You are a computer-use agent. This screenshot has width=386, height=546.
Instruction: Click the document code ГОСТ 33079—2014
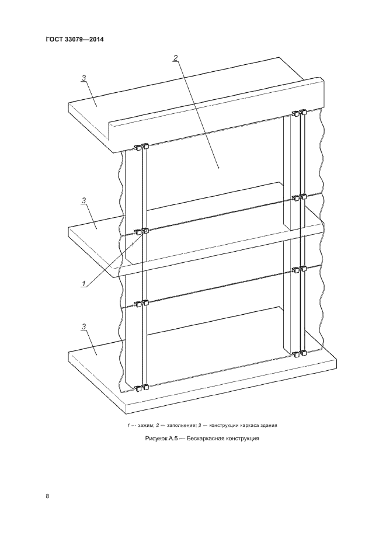coord(75,39)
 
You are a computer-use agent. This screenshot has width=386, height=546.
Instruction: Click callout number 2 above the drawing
coord(176,58)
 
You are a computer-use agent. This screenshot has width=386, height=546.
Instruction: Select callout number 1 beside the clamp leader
coord(84,284)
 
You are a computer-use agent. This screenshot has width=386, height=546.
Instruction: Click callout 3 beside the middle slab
coord(84,200)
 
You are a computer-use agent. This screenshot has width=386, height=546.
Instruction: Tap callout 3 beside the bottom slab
coord(84,326)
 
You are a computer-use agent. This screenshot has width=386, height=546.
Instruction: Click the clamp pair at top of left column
coord(141,147)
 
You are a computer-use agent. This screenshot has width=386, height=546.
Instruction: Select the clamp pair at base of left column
coord(141,387)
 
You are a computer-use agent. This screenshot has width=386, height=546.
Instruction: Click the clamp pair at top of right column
coord(299,113)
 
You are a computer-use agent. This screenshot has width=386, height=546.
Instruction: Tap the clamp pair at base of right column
coord(299,354)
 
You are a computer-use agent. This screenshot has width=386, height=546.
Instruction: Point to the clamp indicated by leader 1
coord(145,231)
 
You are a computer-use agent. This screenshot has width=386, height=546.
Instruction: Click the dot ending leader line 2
coord(218,168)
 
